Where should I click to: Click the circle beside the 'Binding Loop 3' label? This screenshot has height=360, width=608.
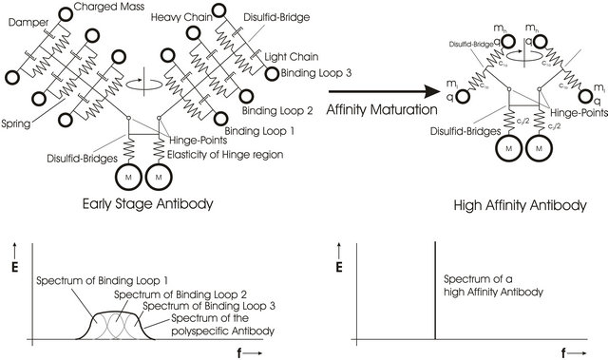click(272, 72)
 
